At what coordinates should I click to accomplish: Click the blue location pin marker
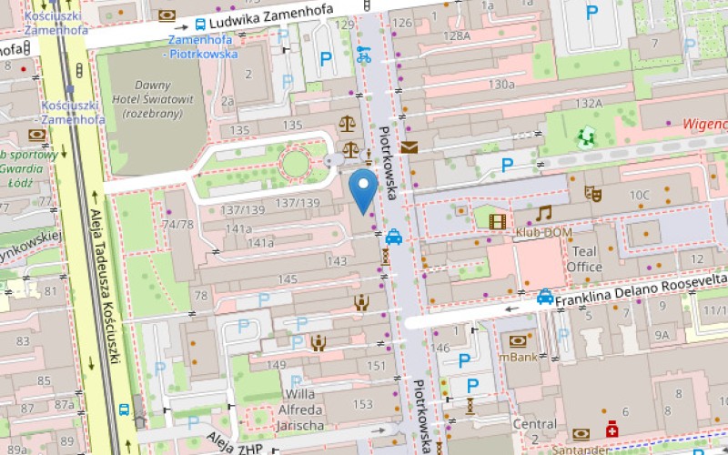point(364,189)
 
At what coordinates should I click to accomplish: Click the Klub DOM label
point(544,233)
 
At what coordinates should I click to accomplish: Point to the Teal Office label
point(584,258)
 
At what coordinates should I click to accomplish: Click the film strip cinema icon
point(497,219)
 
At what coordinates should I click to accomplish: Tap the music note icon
point(544,213)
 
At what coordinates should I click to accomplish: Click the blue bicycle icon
point(365,54)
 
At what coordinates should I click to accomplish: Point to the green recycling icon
point(585,137)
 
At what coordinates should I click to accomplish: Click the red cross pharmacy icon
point(612,428)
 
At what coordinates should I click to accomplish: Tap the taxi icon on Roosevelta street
point(545,296)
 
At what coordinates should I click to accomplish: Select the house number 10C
point(640,195)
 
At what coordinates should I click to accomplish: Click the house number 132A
point(589,104)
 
